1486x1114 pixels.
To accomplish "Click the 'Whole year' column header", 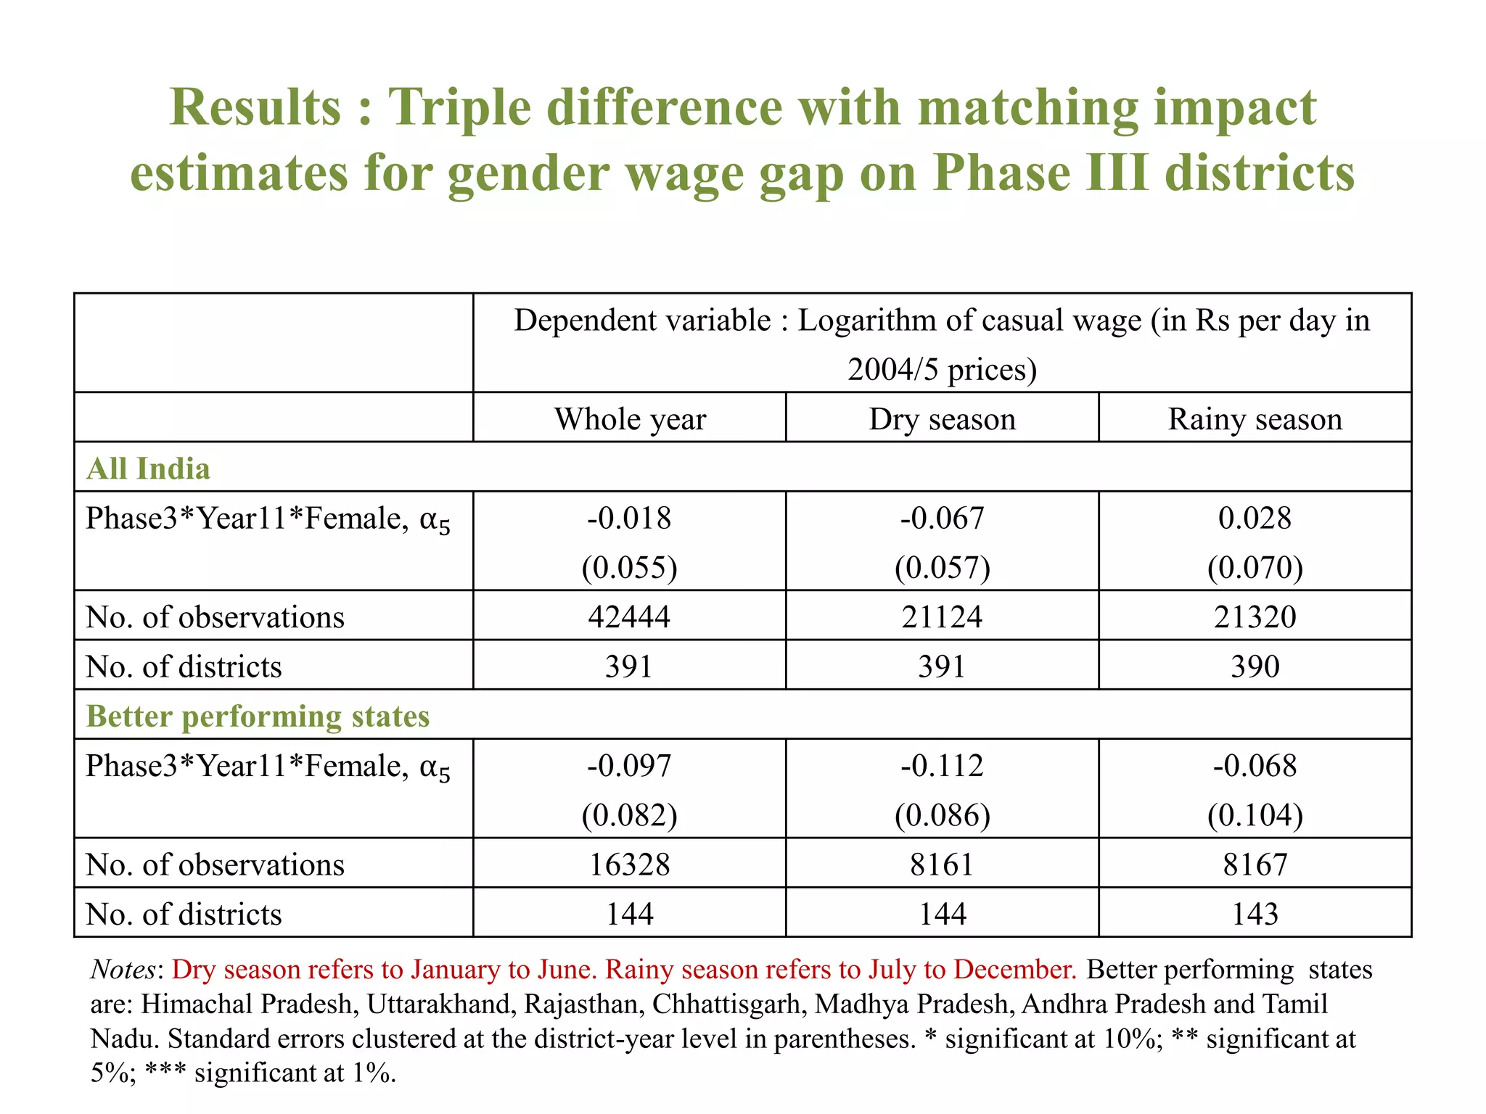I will point(630,419).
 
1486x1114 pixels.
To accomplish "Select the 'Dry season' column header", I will point(942,419).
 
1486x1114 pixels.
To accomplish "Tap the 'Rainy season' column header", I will point(1255,419).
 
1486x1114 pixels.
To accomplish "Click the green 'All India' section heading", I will point(148,469).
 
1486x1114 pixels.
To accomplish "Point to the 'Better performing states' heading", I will point(258,716).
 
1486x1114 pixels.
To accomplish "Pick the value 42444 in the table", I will point(629,616).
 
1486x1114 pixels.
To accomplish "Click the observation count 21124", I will point(942,616).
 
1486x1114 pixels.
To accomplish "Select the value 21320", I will point(1255,616).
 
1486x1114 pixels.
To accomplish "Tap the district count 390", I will point(1255,666).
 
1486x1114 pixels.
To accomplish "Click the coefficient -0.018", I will point(629,518).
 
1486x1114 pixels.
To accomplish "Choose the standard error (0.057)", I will point(942,567).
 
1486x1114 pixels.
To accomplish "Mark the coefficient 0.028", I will point(1255,518).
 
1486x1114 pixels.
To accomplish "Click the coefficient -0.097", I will point(629,766).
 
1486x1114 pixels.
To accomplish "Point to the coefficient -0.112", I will point(942,766).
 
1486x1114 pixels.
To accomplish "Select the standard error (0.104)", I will point(1255,815).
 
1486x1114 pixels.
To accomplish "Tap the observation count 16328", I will point(629,865).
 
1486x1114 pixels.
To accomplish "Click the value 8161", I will point(942,865).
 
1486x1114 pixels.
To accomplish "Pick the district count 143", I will point(1255,914).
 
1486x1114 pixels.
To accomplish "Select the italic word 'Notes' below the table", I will point(123,970).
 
